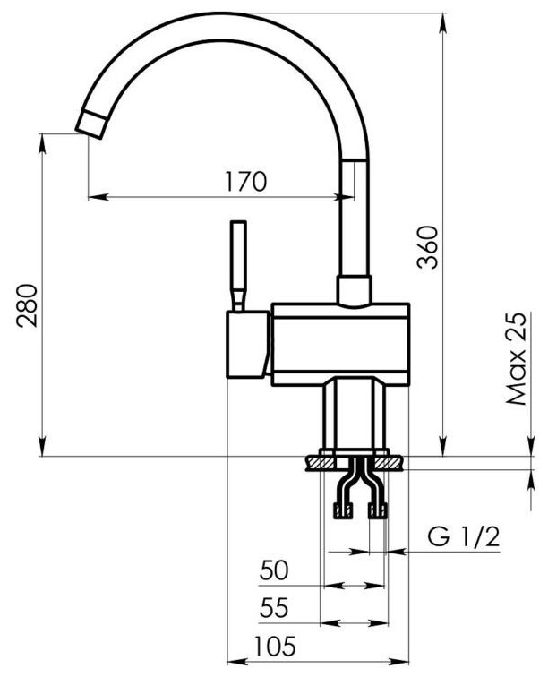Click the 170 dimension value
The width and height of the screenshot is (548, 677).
[x=245, y=182]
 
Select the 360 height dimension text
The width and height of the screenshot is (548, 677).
[x=428, y=247]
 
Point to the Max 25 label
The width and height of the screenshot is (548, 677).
[x=517, y=358]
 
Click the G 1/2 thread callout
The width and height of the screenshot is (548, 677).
[x=463, y=537]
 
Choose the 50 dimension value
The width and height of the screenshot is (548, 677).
[x=274, y=570]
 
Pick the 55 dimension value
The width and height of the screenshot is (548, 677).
[x=274, y=608]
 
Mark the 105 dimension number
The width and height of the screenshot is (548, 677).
[x=275, y=647]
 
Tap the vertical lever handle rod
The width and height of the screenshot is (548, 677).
[x=238, y=266]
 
